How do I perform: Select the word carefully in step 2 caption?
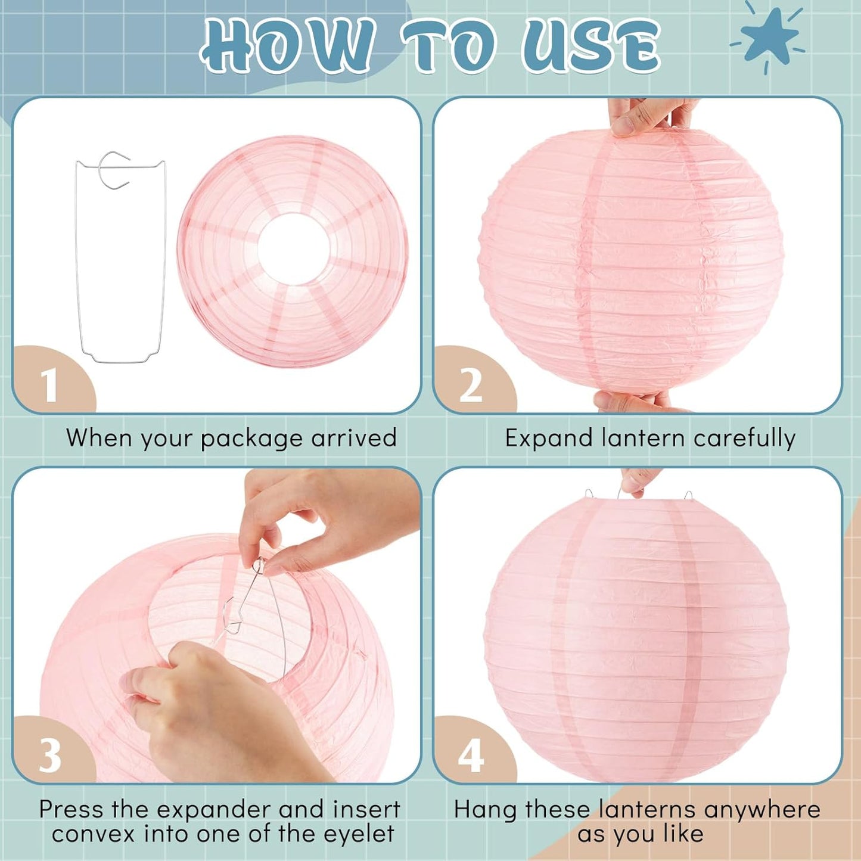click(x=745, y=439)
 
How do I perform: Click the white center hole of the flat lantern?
click(x=293, y=247)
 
